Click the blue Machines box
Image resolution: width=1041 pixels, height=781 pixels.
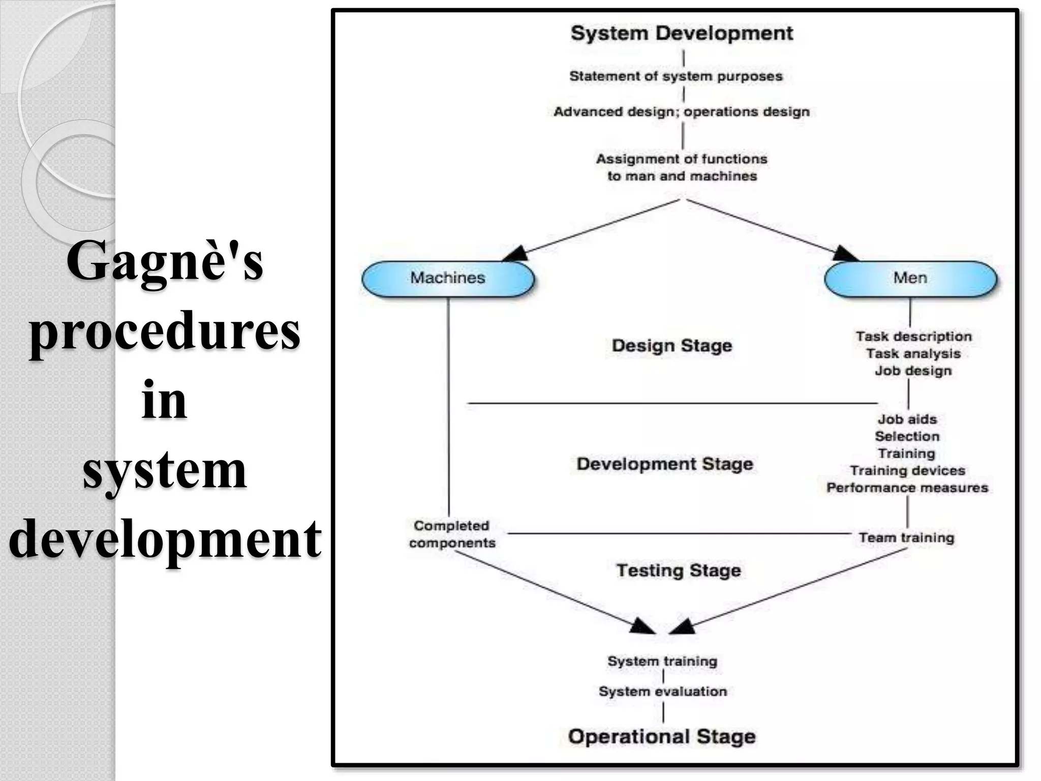[x=448, y=279]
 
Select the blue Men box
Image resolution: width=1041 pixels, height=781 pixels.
[x=910, y=279]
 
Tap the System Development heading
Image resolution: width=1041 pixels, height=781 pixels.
[x=682, y=34]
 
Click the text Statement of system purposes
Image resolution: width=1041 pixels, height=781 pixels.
[x=676, y=76]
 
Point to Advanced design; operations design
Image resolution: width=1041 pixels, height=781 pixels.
[x=682, y=112]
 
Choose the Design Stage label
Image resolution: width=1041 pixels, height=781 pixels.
[x=672, y=346]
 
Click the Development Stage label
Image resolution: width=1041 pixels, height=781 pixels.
[x=665, y=464]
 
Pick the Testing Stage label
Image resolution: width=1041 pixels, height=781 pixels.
[x=679, y=570]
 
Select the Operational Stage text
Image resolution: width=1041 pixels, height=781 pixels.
[x=662, y=736]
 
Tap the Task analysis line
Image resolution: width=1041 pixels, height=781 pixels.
[x=913, y=353]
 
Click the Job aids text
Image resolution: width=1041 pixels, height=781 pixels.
[x=907, y=419]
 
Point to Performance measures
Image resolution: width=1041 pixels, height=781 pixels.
[x=907, y=488]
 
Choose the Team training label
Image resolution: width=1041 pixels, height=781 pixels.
[x=907, y=537]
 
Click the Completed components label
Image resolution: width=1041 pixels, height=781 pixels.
[x=452, y=534]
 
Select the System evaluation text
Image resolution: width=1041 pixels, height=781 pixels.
[x=663, y=692]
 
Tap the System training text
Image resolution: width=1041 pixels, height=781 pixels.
[x=662, y=661]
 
